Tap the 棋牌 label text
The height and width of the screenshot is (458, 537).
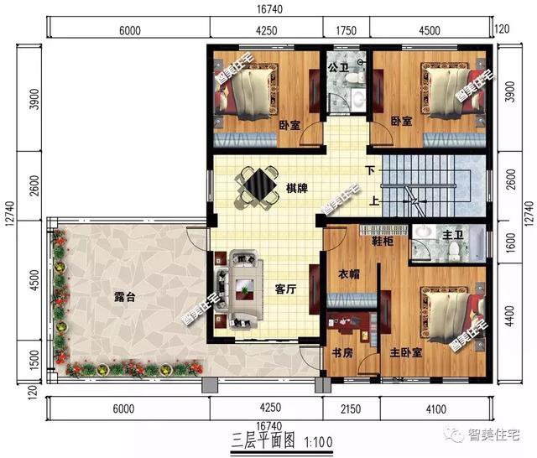click(295, 188)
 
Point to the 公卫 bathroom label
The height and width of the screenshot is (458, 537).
click(338, 66)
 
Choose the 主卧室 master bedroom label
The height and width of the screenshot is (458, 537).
click(404, 353)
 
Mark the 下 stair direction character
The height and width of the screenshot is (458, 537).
click(370, 171)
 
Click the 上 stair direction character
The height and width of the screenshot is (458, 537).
click(370, 200)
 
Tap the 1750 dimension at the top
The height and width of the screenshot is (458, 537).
click(346, 31)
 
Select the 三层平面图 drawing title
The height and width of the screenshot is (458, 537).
click(263, 440)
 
